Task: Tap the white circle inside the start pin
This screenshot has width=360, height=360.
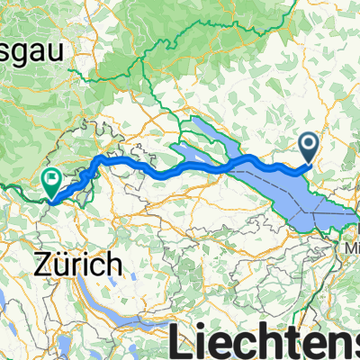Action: tap(309, 142)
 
